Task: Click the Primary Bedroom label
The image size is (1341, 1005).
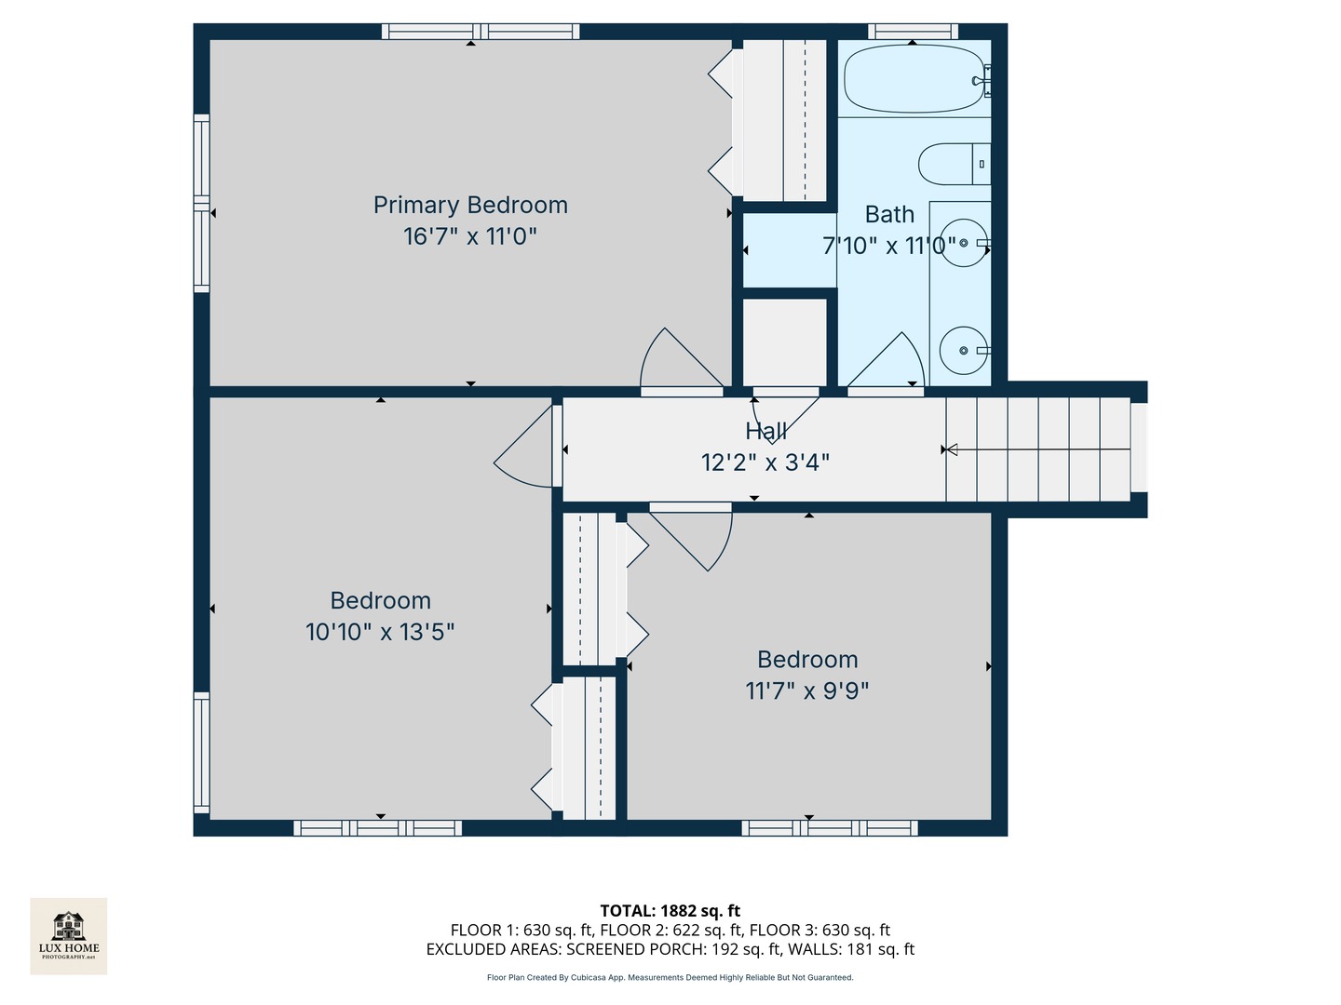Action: [x=470, y=205]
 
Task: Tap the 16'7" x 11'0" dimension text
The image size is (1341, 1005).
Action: [x=470, y=236]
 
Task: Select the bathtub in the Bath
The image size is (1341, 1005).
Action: [x=913, y=79]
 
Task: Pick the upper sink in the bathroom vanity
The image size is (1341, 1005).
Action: [x=962, y=243]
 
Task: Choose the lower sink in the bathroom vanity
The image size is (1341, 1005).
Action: [x=962, y=351]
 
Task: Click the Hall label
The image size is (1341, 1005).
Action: [x=765, y=431]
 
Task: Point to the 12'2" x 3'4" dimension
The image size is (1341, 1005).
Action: [x=765, y=462]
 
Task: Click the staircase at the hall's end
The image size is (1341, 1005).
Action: [x=1038, y=449]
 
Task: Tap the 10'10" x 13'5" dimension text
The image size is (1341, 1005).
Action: [x=380, y=632]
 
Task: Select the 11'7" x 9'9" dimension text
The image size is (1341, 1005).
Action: [x=807, y=690]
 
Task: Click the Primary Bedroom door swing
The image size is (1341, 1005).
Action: [x=677, y=361]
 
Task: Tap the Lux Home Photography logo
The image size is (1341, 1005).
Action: [x=69, y=935]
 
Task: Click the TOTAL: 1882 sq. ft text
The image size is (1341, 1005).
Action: [x=670, y=911]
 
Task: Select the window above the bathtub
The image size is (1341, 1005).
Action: [x=913, y=31]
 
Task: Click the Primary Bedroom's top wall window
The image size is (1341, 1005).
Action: [x=481, y=32]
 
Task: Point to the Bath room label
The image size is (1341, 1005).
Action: [x=889, y=215]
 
